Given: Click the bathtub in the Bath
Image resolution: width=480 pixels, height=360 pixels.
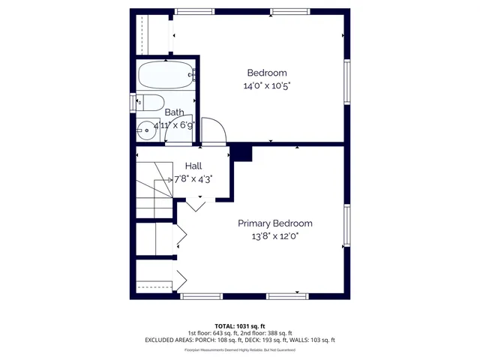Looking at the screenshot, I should click(x=166, y=76).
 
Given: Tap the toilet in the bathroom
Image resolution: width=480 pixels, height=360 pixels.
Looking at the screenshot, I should click(x=150, y=103).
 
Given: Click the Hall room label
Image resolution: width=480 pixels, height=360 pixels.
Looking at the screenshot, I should click(x=193, y=166).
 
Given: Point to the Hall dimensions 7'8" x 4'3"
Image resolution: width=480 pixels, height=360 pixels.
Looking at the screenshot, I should click(x=193, y=179).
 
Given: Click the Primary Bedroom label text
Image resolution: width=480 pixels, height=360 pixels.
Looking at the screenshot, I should click(x=275, y=223).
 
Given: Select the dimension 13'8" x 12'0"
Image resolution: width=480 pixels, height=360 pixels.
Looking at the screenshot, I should click(x=275, y=236).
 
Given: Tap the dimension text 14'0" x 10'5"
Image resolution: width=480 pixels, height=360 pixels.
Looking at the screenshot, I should click(x=267, y=85).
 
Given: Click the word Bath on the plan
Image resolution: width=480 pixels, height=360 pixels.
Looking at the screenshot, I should click(x=174, y=112).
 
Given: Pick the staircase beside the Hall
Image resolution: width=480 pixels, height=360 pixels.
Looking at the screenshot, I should click(x=154, y=187).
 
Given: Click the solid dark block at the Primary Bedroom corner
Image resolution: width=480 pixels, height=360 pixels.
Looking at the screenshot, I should click(x=241, y=152).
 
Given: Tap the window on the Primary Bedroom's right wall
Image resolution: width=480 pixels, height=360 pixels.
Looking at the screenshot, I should click(x=346, y=224).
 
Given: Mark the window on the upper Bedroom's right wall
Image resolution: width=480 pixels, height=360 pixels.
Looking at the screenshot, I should click(x=346, y=82).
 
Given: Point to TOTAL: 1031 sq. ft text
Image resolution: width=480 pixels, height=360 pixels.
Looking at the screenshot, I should click(x=239, y=327).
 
